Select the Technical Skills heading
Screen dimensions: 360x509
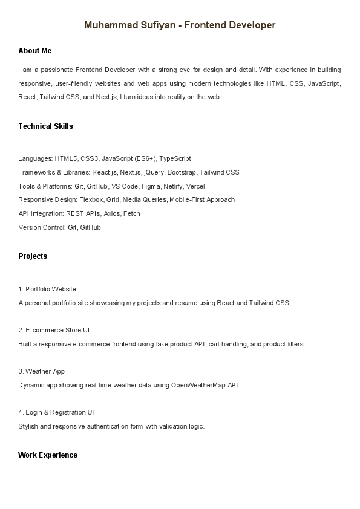pos(45,126)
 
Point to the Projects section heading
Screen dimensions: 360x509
pos(33,256)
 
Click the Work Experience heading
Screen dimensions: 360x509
pos(48,455)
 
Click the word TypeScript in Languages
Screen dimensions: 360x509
pos(175,158)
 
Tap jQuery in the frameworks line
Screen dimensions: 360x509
pos(154,172)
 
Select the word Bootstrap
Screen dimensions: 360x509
pos(181,172)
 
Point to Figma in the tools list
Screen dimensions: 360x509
pos(151,186)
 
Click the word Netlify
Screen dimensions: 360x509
pos(173,186)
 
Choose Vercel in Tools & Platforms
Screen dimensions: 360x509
pos(195,186)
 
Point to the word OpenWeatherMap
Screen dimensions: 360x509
pos(198,385)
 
